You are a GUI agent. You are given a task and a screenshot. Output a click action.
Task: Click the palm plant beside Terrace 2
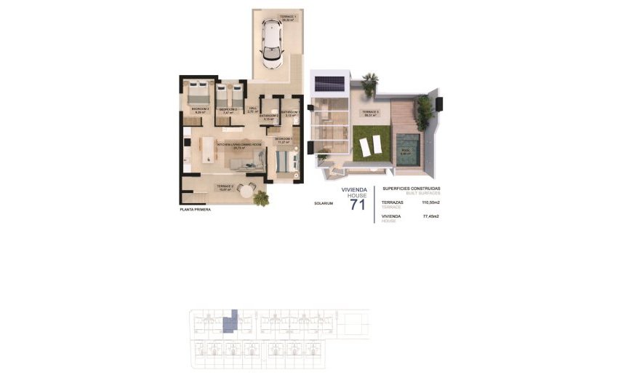point(260,197)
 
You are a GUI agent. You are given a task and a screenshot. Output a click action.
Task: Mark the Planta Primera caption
point(195,210)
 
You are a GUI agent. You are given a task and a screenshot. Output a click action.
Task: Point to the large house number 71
point(358,204)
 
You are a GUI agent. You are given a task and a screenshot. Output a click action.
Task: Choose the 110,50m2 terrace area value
point(431,203)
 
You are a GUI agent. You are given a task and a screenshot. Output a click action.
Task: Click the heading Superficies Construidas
point(411,189)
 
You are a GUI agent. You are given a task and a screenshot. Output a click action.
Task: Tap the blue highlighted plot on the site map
point(231,320)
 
